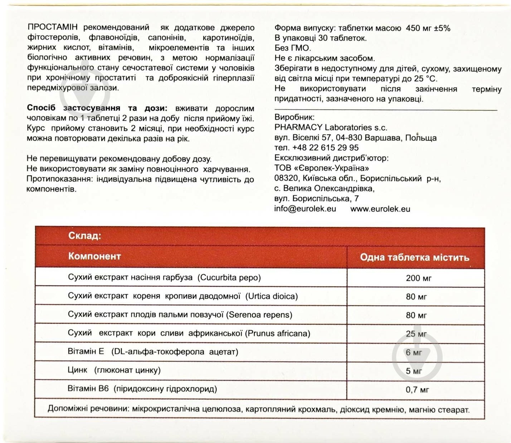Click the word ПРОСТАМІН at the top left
pyautogui.click(x=53, y=28)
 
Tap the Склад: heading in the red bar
pyautogui.click(x=85, y=236)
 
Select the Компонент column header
pyautogui.click(x=94, y=256)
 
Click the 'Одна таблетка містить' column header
pyautogui.click(x=414, y=257)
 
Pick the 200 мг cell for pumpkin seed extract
pyautogui.click(x=418, y=278)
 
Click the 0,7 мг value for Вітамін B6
pyautogui.click(x=417, y=390)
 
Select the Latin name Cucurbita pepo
pyautogui.click(x=229, y=277)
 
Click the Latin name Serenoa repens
pyautogui.click(x=261, y=315)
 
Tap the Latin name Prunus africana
pyautogui.click(x=278, y=333)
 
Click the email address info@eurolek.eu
pyautogui.click(x=305, y=209)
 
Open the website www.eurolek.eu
pyautogui.click(x=380, y=209)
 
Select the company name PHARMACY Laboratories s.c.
pyautogui.click(x=331, y=127)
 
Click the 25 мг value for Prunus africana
pyautogui.click(x=416, y=334)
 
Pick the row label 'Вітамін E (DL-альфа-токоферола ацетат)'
pyautogui.click(x=153, y=351)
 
